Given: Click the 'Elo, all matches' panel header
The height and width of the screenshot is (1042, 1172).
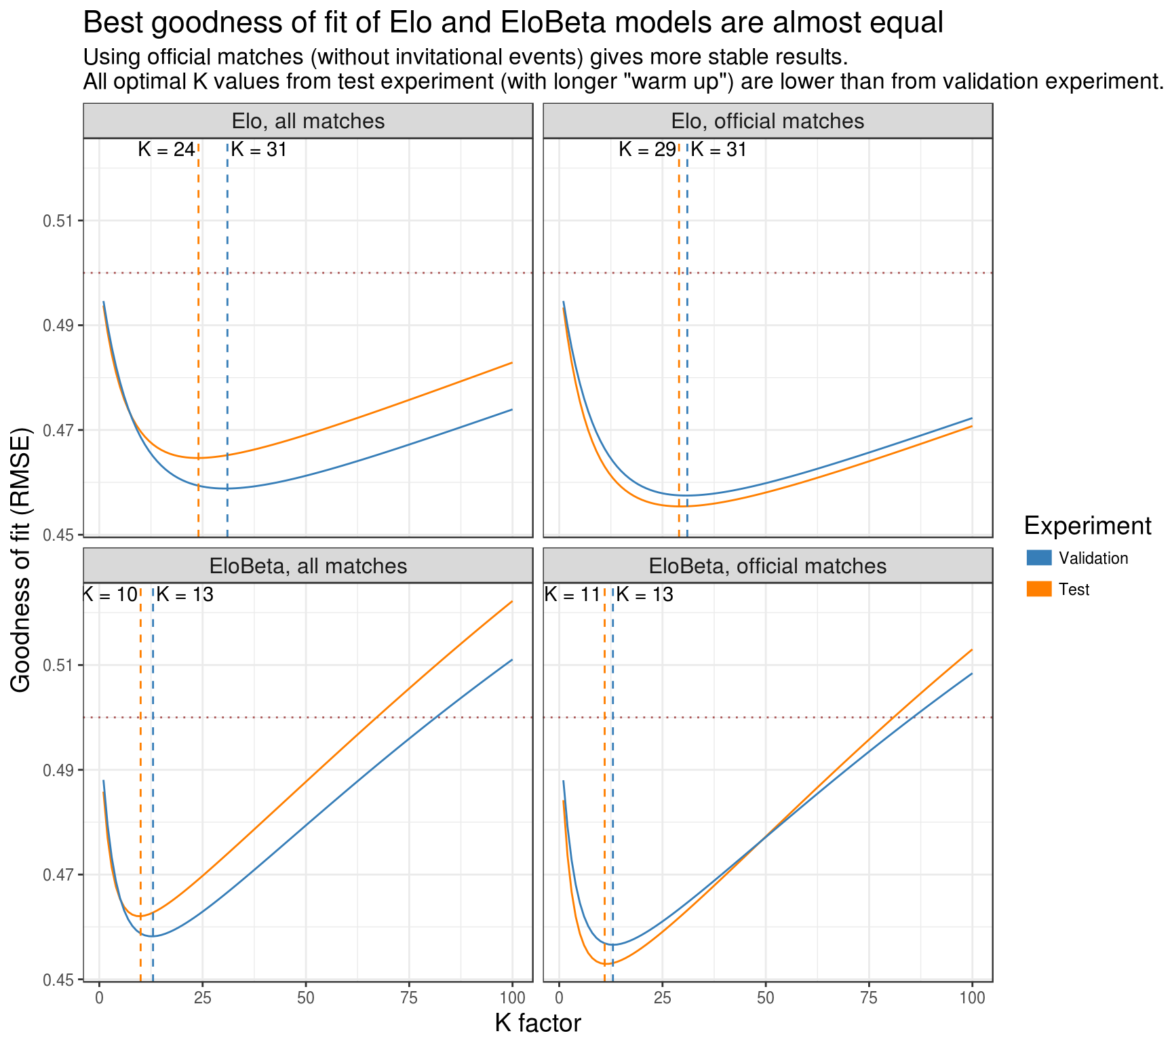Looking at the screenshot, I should pos(308,121).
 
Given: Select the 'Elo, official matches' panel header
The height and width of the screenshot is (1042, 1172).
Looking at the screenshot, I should pos(768,121).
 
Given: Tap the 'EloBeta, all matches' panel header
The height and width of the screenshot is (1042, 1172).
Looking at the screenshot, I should pos(308,566).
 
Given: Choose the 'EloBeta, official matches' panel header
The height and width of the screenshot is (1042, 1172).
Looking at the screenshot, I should pos(768,566).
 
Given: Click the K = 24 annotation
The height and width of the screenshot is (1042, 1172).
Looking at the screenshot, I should pos(166,149).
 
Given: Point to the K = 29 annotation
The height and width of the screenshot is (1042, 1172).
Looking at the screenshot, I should pos(647,149).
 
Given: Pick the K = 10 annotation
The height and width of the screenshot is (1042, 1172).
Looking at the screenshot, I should pos(111,595).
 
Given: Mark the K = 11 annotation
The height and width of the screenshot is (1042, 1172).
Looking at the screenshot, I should pos(573,595).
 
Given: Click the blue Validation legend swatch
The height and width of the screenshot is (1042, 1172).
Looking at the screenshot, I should pos(1039,558).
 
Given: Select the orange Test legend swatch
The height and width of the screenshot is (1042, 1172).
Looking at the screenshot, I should pos(1039,589).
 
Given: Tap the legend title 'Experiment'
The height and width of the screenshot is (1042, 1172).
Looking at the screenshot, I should pos(1087,526).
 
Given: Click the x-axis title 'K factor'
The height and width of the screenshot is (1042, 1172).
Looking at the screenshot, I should pos(538,1023).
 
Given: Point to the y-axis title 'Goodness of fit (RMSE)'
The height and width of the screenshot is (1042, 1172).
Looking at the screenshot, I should pos(22,560).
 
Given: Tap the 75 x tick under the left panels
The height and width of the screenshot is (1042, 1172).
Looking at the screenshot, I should pos(409,997).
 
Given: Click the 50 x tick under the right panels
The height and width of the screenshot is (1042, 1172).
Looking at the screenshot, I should pos(766,997).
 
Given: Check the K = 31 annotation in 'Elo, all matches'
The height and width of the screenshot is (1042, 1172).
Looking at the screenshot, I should pos(259,149).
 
